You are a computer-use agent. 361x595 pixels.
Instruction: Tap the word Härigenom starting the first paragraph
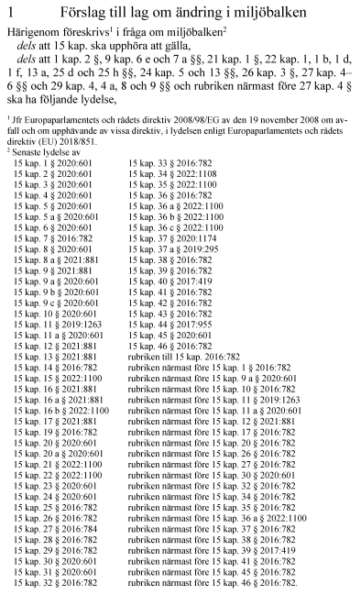(32, 31)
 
